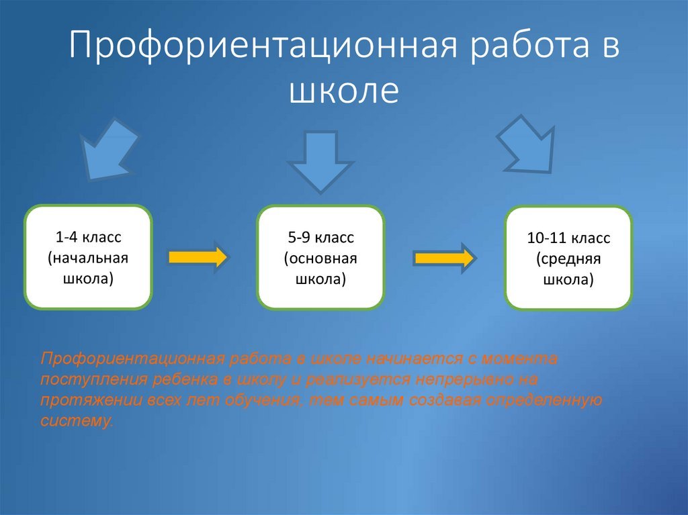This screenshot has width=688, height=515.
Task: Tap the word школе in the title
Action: [x=344, y=91]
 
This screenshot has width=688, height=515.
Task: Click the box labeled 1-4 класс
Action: [x=88, y=257]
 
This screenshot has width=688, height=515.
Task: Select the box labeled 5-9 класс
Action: [x=320, y=258]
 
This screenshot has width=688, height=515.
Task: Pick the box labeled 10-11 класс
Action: [x=568, y=258]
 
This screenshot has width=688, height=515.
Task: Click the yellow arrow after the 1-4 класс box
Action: [x=198, y=257]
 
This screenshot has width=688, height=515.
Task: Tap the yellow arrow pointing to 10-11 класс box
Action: [x=445, y=258]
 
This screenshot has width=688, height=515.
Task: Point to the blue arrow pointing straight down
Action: [x=320, y=161]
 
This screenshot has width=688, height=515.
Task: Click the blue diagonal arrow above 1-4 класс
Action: [x=108, y=149]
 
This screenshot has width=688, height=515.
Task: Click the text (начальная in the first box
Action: [x=88, y=258]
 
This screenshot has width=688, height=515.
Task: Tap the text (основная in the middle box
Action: [x=320, y=258]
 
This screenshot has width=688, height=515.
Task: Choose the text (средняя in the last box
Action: [x=568, y=259]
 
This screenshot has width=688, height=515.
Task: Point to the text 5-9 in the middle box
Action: [x=299, y=237]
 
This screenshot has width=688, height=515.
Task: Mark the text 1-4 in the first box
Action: [x=67, y=237]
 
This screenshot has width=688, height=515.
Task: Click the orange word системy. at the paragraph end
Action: [x=77, y=421]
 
